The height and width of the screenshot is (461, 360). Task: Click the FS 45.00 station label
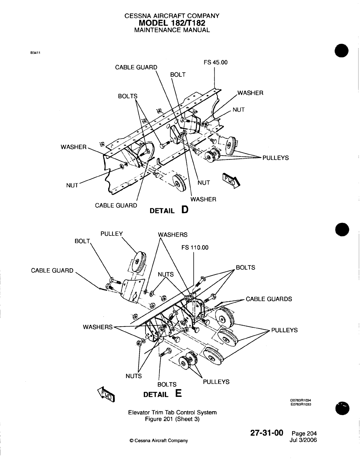click(215, 62)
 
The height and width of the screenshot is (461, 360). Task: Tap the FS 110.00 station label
click(195, 247)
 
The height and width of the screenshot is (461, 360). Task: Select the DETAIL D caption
click(169, 210)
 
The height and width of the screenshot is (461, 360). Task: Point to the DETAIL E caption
click(162, 394)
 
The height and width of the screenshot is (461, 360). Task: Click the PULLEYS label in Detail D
click(275, 158)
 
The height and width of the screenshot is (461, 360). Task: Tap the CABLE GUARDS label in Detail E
click(269, 299)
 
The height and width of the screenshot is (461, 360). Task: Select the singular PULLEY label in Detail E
click(111, 234)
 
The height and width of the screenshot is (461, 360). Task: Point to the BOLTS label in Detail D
click(128, 96)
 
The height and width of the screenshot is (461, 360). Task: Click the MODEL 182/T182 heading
click(172, 23)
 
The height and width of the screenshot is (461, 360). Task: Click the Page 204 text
click(304, 433)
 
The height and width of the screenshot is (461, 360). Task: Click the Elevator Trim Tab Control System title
click(172, 412)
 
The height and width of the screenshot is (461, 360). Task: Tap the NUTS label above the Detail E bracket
click(166, 274)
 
